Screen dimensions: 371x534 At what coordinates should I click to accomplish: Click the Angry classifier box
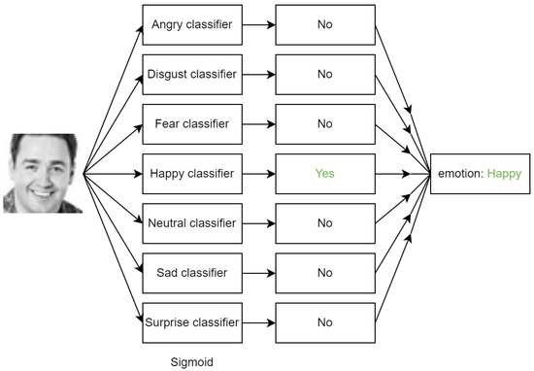[x=190, y=23]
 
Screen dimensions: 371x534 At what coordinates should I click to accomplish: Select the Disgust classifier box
[x=190, y=73]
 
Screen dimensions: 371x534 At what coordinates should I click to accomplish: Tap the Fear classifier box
[x=190, y=123]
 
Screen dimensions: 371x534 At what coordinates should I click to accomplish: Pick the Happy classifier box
[x=190, y=173]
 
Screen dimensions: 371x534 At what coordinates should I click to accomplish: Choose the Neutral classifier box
[x=190, y=222]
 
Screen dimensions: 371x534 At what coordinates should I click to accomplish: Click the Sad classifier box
[x=190, y=273]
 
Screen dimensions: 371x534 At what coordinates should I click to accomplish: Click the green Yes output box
[x=324, y=173]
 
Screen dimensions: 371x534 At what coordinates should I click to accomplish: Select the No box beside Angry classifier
[x=324, y=23]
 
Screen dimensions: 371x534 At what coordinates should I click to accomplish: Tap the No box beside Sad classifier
[x=324, y=273]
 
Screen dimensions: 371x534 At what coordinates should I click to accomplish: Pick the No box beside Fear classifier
[x=324, y=123]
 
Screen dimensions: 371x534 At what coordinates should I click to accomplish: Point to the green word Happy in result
[x=502, y=174]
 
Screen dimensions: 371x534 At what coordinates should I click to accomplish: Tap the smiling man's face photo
[x=43, y=173]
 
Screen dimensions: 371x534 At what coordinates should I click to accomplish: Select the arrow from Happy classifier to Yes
[x=256, y=173]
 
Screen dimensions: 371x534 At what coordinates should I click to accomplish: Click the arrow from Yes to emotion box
[x=402, y=173]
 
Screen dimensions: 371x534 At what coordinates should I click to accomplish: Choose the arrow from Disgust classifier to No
[x=256, y=73]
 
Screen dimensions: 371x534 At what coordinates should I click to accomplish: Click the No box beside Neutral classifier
[x=324, y=222]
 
